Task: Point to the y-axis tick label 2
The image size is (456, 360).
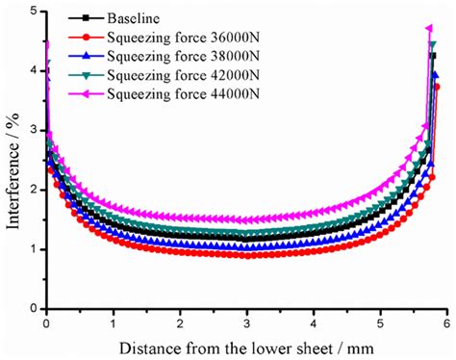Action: tap(34, 190)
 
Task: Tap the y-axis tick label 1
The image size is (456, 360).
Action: tap(34, 249)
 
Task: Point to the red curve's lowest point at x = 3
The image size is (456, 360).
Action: tap(246, 255)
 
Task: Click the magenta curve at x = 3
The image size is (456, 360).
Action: tap(246, 219)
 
